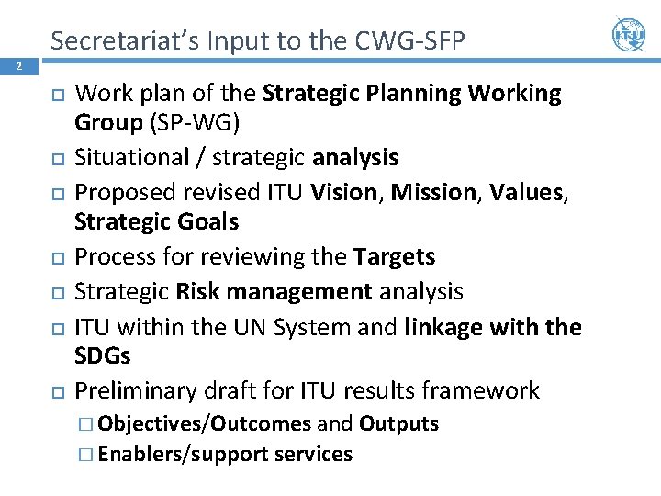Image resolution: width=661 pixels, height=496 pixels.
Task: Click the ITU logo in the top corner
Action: pos(629,35)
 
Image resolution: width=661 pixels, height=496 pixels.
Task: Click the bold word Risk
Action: pos(196,291)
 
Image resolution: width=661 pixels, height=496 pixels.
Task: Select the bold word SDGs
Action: pos(103,356)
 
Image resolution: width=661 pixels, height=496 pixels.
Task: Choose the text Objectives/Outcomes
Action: pos(204,424)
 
